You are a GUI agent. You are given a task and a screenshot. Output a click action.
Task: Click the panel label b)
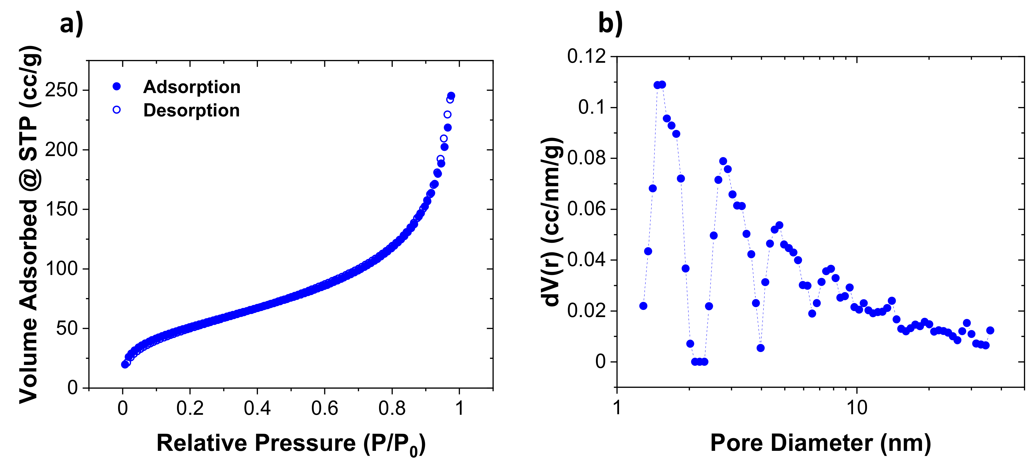click(610, 23)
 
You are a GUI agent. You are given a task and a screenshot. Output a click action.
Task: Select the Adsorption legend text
click(192, 87)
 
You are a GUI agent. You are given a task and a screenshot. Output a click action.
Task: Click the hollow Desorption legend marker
click(116, 110)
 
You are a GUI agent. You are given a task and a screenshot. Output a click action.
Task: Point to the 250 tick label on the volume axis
click(61, 90)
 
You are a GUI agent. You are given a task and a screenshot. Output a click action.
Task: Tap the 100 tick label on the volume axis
click(61, 268)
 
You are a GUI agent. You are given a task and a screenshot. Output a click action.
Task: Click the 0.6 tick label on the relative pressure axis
click(324, 409)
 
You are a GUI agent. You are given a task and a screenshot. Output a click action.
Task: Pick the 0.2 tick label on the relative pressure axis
click(190, 409)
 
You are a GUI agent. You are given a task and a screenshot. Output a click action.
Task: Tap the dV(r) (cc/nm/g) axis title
click(552, 222)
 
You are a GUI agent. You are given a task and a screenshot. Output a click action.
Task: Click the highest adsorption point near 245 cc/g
click(451, 96)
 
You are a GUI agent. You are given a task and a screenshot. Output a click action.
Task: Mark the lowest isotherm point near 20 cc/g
click(125, 364)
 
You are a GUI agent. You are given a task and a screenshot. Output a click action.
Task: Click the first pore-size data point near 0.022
click(643, 306)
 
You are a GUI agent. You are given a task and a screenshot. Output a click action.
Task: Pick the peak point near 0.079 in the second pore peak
click(723, 161)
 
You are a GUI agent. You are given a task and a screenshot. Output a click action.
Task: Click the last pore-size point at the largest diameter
click(990, 330)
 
